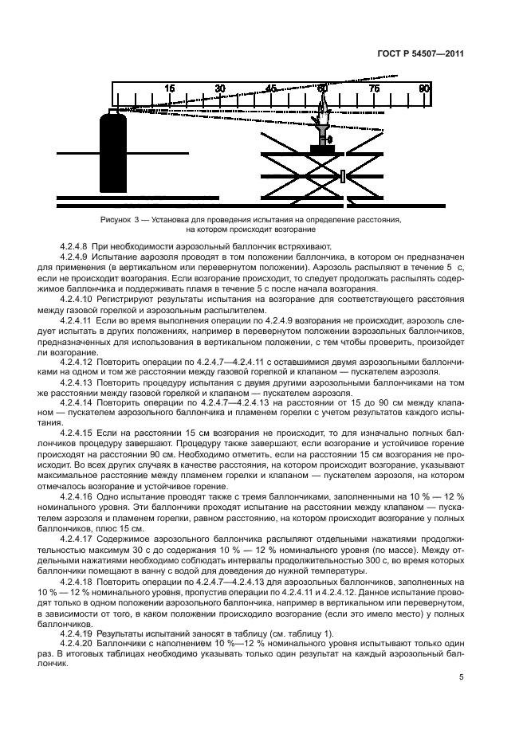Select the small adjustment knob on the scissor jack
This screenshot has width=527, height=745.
pos(344,176)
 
